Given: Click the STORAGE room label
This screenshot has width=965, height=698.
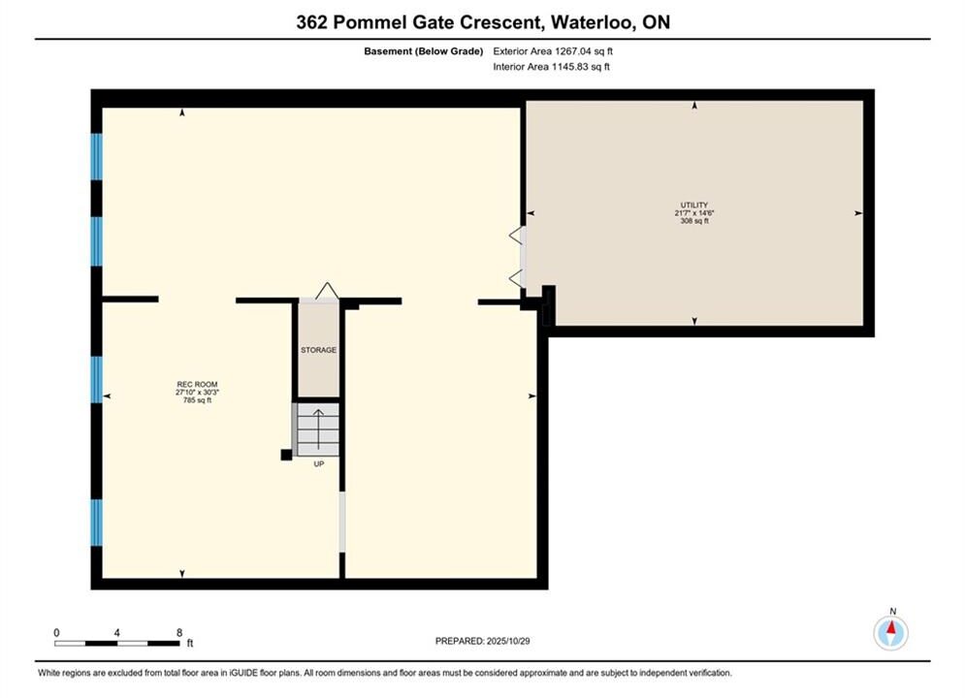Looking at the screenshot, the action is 318,350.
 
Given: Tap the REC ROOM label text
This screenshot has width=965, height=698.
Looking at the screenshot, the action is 197,384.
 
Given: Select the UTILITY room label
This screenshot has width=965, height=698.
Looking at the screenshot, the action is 694,205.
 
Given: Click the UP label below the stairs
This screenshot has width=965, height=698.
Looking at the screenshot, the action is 319,463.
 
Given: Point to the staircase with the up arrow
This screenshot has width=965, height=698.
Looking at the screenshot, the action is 317,429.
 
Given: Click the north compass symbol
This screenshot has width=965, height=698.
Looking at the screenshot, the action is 890,631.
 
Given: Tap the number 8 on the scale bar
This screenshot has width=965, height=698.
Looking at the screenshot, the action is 179,632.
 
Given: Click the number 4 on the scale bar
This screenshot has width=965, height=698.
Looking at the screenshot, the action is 117,632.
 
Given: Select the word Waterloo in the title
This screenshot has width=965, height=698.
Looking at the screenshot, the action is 592,22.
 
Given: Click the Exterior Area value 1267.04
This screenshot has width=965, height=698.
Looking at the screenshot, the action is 573,51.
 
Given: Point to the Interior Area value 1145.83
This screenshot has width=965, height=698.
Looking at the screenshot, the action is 570,67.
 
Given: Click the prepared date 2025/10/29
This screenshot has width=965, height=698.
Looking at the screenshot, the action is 508,641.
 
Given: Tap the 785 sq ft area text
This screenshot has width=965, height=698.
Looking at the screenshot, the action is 197,400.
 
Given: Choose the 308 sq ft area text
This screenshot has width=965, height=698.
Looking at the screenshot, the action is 694,221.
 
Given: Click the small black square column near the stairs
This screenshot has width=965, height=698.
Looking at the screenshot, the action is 286,455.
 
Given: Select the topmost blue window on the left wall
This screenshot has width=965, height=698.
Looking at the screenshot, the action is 97,157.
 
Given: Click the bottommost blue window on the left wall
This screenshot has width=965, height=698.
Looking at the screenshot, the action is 97,523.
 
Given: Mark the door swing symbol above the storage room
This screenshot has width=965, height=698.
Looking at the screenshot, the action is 327,292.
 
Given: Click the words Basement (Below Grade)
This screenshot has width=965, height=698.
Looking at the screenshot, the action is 424,51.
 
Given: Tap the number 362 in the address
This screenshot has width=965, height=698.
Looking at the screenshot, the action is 311,22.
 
